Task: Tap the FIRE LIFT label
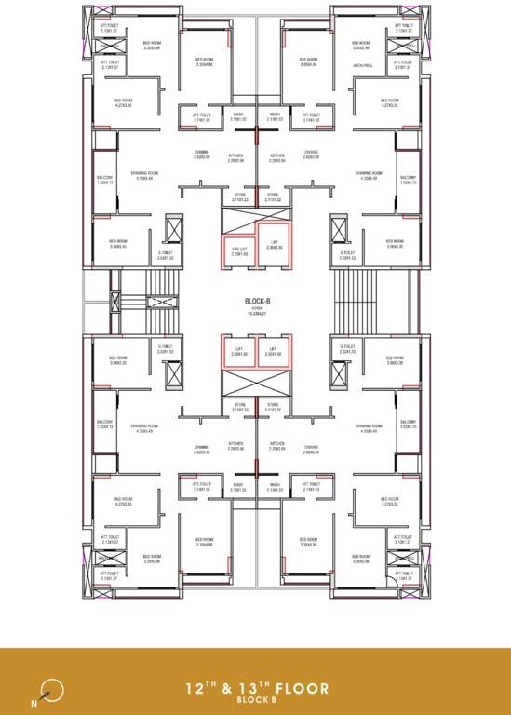click(239, 249)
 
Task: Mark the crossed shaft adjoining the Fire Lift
click(239, 220)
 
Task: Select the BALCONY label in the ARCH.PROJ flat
click(407, 178)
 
